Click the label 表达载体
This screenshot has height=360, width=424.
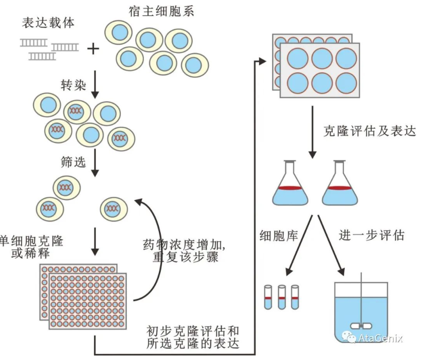(48, 23)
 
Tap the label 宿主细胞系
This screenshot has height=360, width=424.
(161, 11)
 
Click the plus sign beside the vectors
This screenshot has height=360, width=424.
(94, 49)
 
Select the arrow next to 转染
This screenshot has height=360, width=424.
(94, 85)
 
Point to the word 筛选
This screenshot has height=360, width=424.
(73, 162)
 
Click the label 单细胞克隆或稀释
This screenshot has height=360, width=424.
(32, 247)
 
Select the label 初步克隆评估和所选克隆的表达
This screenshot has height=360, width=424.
(193, 337)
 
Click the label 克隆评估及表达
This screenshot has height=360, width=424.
(370, 131)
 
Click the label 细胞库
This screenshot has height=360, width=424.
(279, 235)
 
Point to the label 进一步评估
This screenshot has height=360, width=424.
(372, 235)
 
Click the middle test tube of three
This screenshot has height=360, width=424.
(282, 297)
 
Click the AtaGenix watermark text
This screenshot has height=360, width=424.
(380, 338)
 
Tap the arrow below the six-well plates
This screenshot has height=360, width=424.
(313, 132)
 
